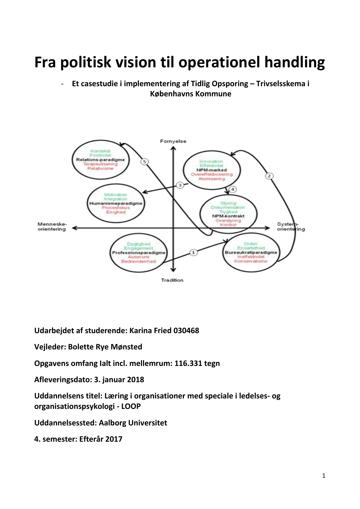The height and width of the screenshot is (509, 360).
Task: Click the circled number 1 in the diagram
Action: [193, 252]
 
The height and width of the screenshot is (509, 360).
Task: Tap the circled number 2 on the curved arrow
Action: [269, 176]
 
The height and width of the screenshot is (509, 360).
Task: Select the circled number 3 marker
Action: [180, 185]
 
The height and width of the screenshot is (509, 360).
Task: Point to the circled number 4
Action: [233, 189]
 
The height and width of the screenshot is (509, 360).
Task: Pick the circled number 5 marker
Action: [144, 162]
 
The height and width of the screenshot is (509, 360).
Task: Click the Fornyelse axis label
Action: [173, 141]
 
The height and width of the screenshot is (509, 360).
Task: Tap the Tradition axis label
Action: [172, 280]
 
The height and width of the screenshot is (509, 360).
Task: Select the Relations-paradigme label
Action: [100, 160]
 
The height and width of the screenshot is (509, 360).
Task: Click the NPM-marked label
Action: [211, 170]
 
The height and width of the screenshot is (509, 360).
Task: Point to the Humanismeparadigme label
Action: [116, 203]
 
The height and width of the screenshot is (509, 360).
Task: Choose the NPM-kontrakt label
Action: [228, 216]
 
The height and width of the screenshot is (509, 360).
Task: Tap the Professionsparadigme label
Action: [139, 253]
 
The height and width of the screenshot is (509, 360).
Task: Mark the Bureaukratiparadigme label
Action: [251, 252]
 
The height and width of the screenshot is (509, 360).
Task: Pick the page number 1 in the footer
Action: [324, 476]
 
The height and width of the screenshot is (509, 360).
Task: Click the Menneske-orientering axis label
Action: [52, 226]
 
